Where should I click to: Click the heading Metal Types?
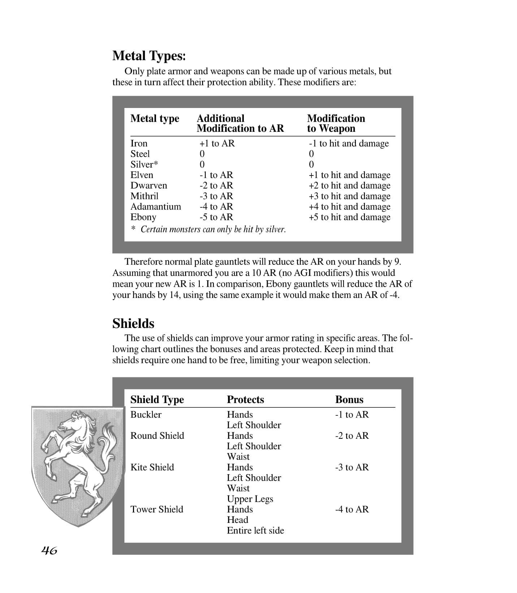click(x=149, y=56)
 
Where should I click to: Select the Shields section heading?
click(x=133, y=324)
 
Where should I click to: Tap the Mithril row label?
click(x=144, y=196)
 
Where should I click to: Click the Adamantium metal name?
click(x=155, y=207)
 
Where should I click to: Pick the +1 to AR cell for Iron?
click(x=217, y=143)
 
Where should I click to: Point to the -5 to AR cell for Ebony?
click(x=216, y=217)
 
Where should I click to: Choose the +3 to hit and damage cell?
click(x=349, y=196)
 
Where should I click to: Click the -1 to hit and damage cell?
click(x=348, y=143)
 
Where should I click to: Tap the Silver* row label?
click(x=144, y=165)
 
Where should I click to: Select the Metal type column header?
click(x=155, y=118)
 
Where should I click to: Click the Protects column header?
click(x=245, y=399)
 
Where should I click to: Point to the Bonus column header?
click(x=349, y=399)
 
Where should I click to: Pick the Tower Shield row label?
click(x=156, y=509)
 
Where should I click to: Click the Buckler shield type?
click(x=146, y=415)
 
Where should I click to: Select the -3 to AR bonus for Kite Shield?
click(x=352, y=467)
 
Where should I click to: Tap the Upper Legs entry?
click(x=250, y=499)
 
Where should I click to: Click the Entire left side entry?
click(x=255, y=531)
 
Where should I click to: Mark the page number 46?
click(x=49, y=550)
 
